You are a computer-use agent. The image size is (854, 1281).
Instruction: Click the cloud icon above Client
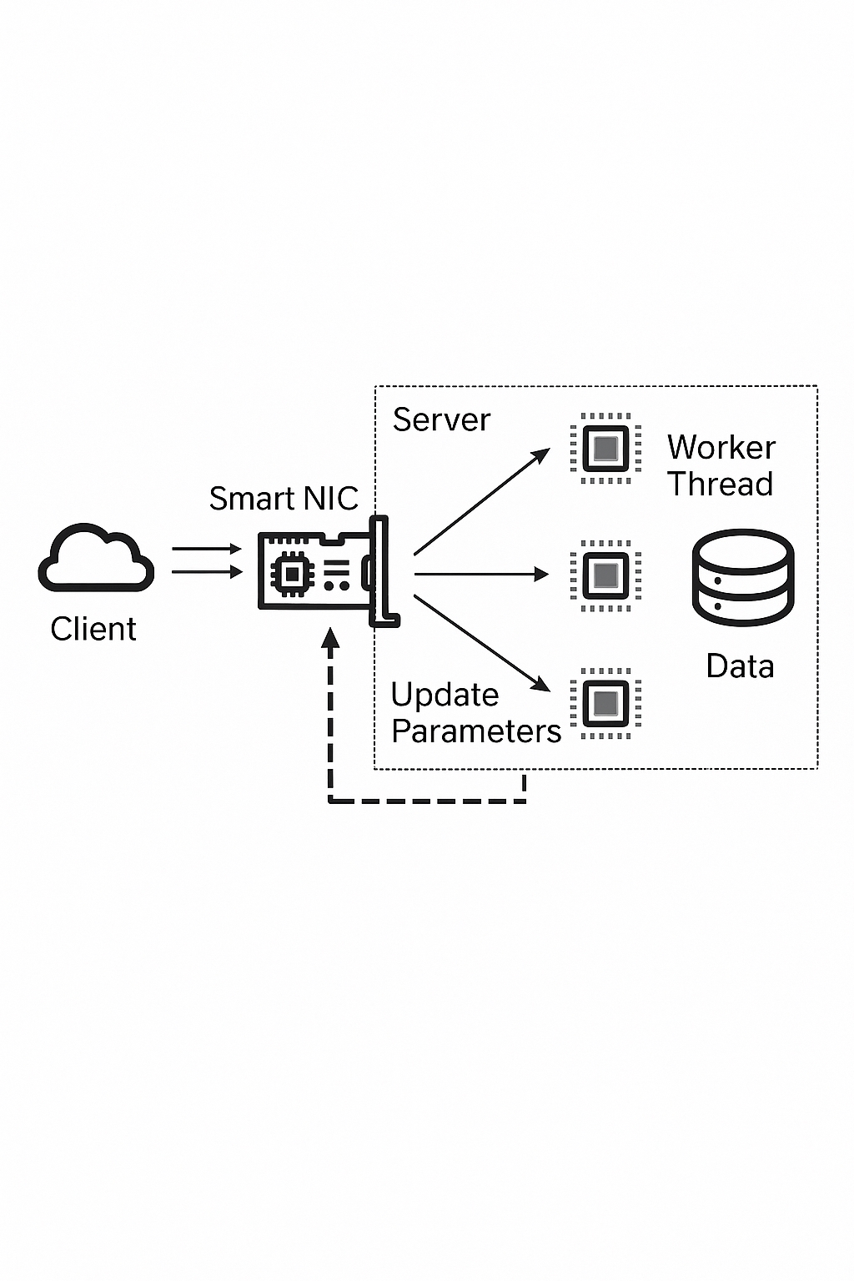96,558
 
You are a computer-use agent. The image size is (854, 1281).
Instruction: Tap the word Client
93,629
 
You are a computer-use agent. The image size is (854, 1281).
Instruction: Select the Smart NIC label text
283,499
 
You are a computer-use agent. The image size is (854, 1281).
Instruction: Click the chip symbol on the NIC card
292,573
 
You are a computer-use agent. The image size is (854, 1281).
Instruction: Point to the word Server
441,419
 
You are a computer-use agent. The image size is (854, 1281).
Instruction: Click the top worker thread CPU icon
605,449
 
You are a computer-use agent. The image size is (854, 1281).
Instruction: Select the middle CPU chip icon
605,575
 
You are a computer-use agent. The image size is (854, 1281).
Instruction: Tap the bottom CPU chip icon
605,703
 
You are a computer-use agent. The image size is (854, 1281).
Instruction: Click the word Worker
721,448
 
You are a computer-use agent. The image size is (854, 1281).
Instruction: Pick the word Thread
721,484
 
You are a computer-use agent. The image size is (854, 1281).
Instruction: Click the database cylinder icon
742,576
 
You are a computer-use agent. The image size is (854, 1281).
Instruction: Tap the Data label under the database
740,666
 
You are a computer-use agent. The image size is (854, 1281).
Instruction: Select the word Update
445,695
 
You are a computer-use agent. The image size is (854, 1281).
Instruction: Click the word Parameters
476,731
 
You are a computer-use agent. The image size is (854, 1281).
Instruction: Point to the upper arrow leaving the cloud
206,549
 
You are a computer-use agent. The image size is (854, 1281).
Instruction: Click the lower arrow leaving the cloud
206,571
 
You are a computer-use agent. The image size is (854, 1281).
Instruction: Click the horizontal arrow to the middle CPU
480,574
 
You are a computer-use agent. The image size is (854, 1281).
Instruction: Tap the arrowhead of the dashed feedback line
331,639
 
